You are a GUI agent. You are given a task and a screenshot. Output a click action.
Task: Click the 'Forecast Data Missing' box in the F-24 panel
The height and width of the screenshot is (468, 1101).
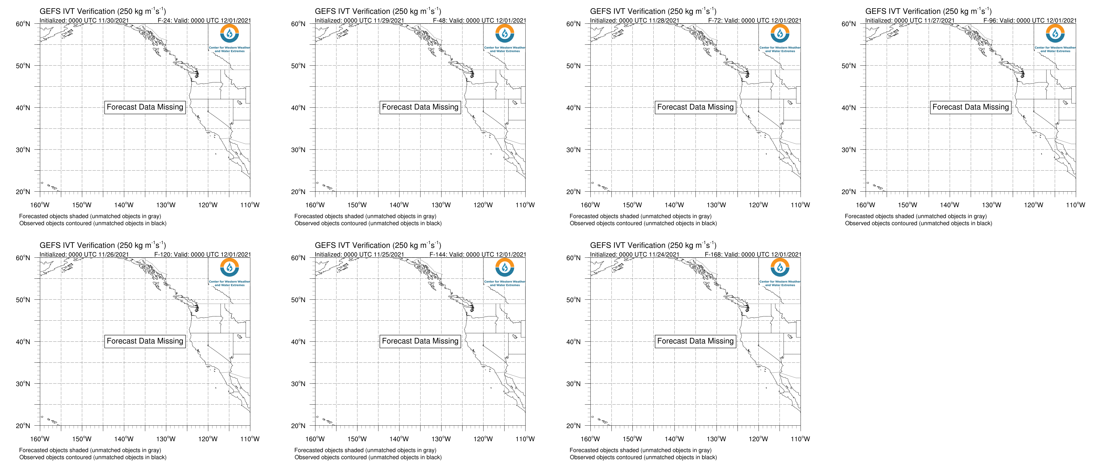[x=145, y=107]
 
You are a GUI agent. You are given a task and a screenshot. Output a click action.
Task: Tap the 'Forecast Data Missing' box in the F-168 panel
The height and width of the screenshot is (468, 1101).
[x=696, y=341]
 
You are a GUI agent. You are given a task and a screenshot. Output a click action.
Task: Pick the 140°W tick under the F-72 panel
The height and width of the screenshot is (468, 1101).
[x=674, y=205]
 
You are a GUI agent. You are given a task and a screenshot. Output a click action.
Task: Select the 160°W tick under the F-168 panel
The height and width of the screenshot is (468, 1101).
[x=590, y=439]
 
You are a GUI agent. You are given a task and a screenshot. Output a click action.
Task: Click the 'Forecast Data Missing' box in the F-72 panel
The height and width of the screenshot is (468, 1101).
[x=696, y=107]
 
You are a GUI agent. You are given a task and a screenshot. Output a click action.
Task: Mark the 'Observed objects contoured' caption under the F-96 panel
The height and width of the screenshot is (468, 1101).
[x=919, y=223]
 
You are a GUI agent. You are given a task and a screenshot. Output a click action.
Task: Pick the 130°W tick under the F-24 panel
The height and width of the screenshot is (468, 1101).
[x=166, y=205]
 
